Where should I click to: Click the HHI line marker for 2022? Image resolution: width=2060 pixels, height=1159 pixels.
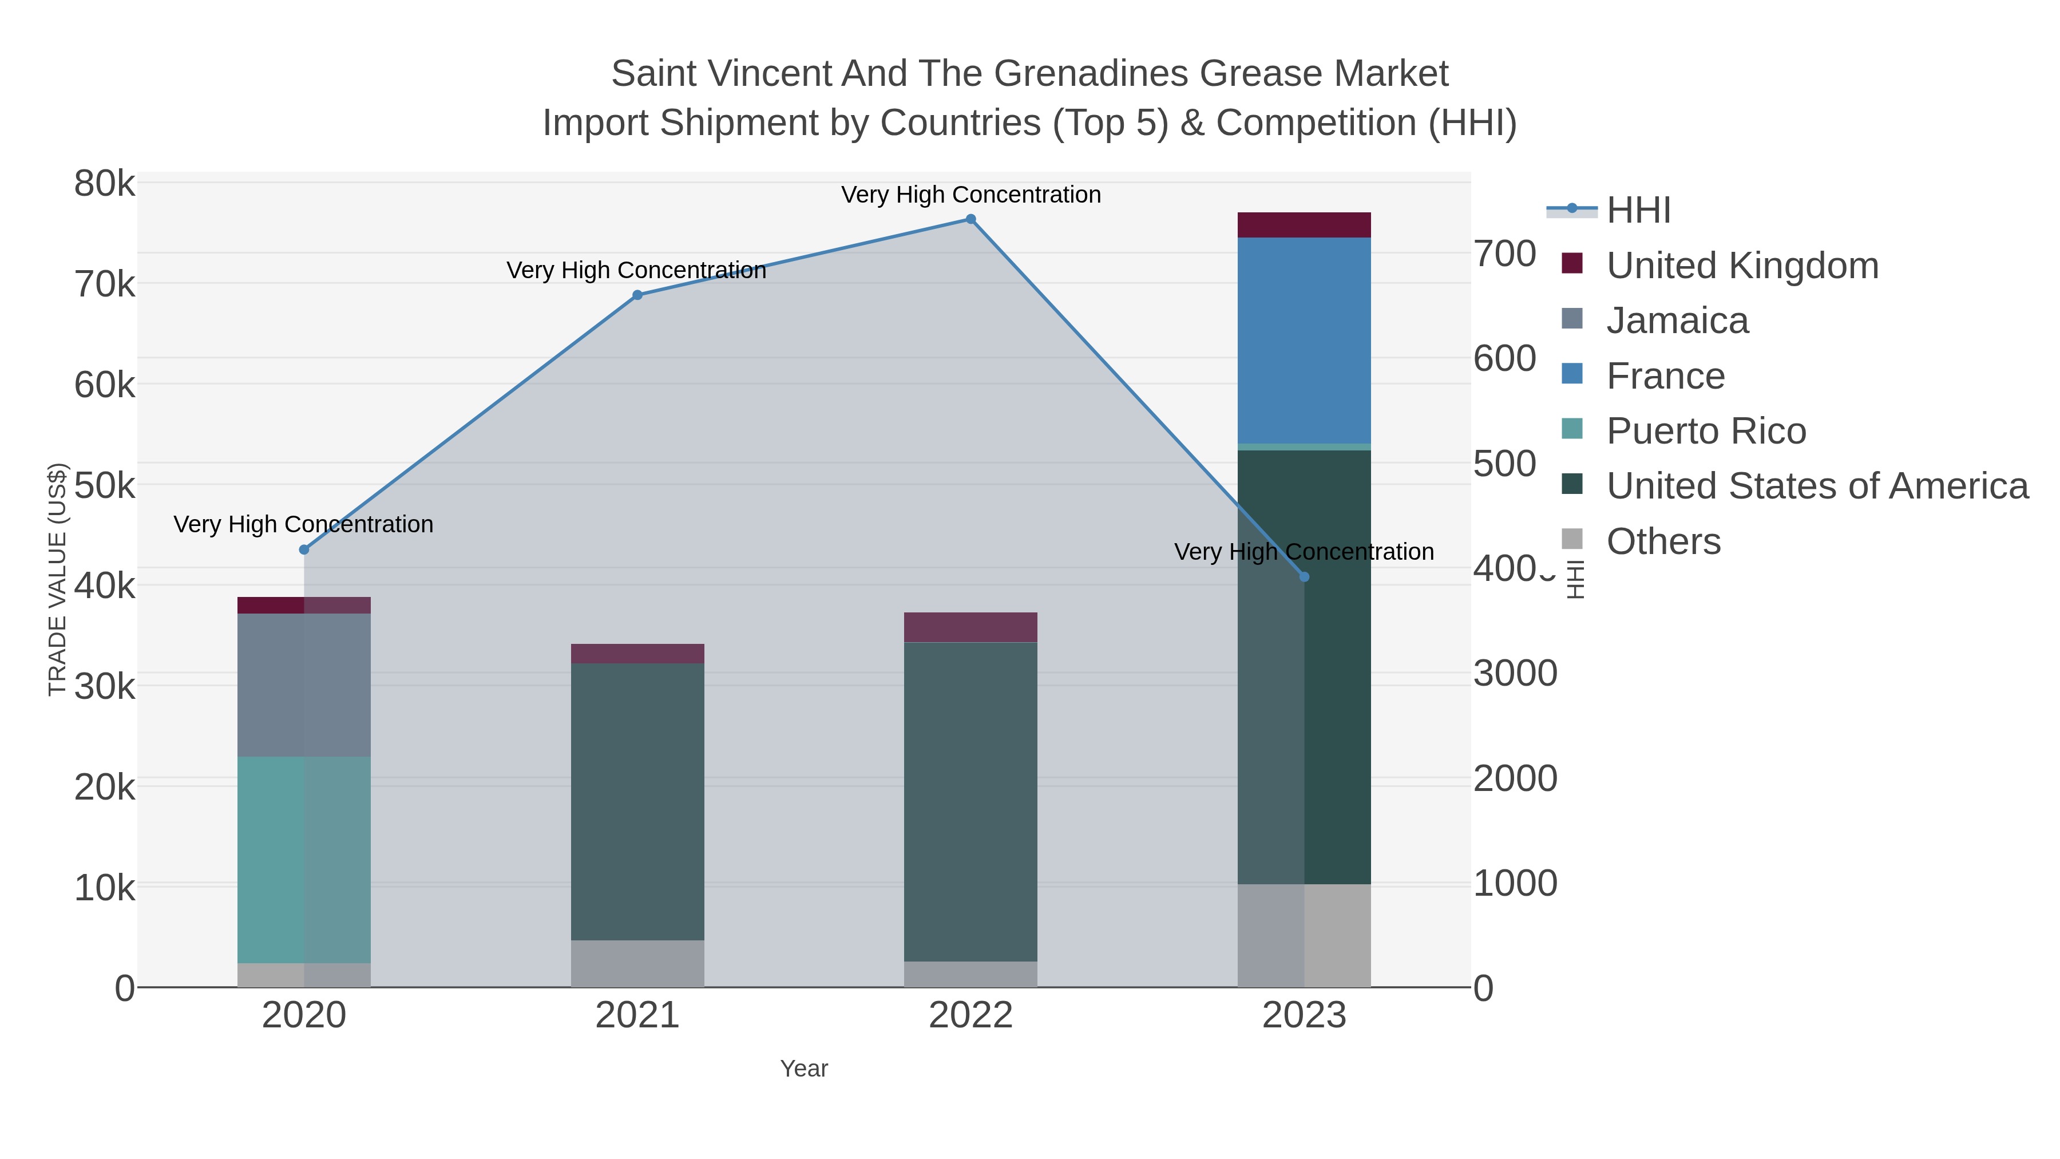(x=971, y=219)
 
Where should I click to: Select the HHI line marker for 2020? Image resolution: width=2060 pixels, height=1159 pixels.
(x=304, y=549)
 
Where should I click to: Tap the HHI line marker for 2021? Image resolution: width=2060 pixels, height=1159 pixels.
(x=637, y=295)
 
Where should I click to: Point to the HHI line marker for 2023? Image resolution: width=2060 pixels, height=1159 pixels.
(x=1304, y=577)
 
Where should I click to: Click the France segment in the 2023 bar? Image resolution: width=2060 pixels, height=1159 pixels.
(x=1304, y=340)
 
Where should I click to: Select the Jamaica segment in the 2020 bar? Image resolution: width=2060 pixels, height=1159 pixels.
(x=304, y=685)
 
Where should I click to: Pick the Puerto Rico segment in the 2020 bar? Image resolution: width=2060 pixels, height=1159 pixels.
(x=304, y=860)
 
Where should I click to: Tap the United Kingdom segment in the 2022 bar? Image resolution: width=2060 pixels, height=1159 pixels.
(x=971, y=627)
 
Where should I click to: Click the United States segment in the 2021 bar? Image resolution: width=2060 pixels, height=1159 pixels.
(x=637, y=801)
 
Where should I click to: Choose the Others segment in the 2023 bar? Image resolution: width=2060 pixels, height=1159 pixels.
(x=1304, y=935)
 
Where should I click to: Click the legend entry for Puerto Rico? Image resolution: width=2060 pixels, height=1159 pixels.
(x=1706, y=431)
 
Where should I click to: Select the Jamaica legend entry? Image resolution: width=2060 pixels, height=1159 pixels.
(x=1677, y=321)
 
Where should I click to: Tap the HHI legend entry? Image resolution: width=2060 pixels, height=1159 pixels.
(x=1639, y=211)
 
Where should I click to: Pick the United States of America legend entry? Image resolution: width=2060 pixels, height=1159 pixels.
(x=1817, y=486)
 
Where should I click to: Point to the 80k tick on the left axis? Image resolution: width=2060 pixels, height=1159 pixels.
(x=105, y=184)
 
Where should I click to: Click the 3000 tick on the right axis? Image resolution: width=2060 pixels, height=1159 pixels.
(x=1515, y=674)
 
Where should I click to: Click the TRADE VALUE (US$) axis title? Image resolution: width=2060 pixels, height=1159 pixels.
(x=58, y=579)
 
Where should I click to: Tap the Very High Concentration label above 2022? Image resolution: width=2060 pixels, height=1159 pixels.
(x=971, y=195)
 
